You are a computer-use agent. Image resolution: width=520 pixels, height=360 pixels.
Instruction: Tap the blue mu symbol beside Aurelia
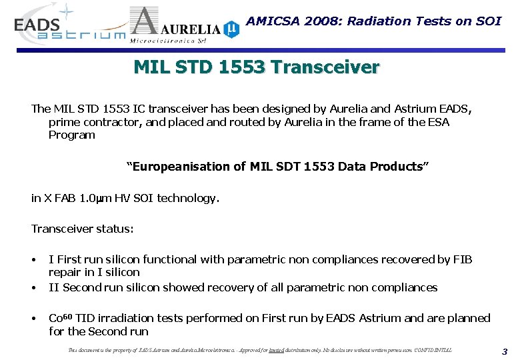(x=231, y=28)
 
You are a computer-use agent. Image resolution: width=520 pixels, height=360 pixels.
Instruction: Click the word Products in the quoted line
(x=397, y=167)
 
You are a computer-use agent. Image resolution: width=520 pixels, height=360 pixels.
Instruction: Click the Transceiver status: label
(x=82, y=229)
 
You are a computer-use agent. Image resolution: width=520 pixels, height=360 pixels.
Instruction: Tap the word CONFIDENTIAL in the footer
(x=433, y=350)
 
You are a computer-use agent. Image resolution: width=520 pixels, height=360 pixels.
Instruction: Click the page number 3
(x=505, y=351)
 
